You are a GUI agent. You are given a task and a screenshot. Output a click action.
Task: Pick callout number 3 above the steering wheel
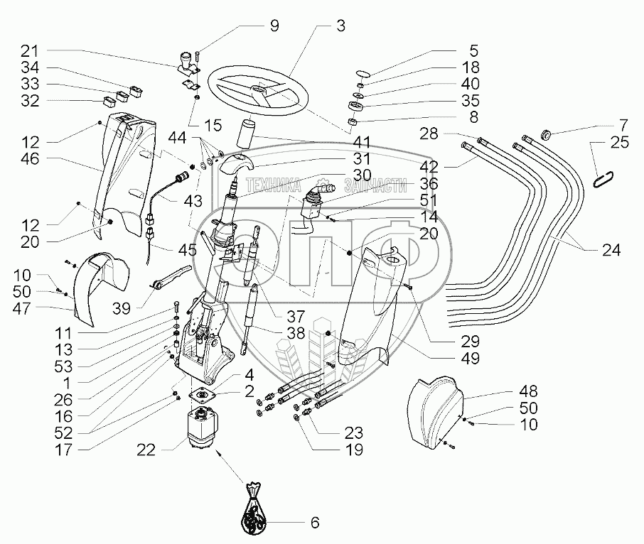pos(341,26)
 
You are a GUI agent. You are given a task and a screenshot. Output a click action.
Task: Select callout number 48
pos(529,392)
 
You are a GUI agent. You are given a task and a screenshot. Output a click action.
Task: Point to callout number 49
pos(470,358)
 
